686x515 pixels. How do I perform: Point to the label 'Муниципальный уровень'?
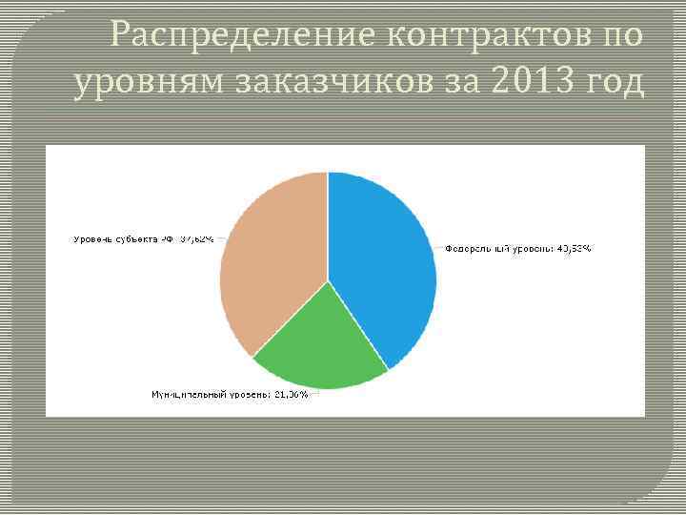pos(211,394)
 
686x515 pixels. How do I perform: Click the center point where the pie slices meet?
pos(328,281)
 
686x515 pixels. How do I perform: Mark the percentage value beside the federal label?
pos(573,249)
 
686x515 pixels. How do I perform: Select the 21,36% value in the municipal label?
pos(291,394)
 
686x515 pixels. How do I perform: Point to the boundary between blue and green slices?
pos(358,325)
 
